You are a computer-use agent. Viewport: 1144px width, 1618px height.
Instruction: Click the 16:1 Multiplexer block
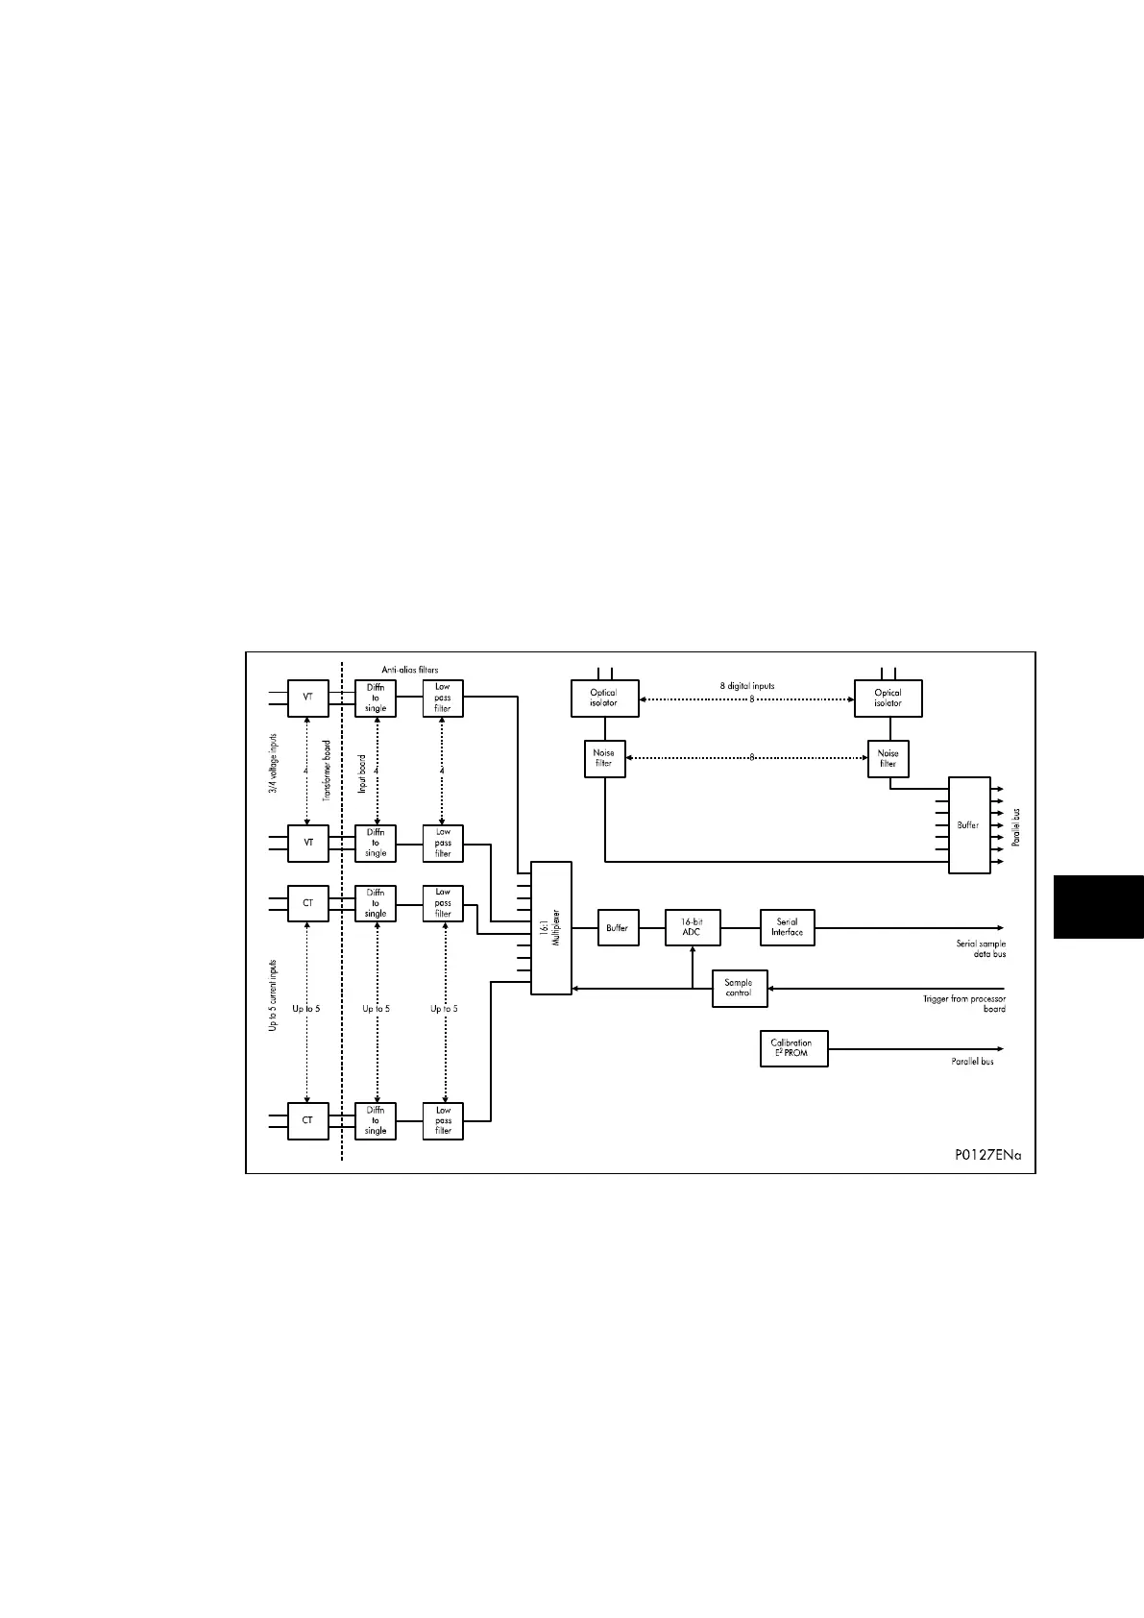551,928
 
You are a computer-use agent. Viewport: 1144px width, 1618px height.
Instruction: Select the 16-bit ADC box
692,927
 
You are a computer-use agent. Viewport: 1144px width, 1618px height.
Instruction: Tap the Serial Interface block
787,927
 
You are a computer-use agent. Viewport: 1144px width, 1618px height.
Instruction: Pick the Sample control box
739,988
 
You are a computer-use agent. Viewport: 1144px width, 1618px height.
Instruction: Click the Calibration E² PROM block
792,1048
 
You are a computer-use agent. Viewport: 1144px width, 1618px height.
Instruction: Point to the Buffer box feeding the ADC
618,928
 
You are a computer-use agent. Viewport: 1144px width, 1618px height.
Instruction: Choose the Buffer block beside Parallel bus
968,825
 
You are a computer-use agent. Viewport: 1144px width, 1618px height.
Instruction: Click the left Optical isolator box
604,698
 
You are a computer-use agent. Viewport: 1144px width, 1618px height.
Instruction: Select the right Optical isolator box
888,698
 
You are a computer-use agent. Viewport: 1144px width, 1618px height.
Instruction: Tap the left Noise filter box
604,759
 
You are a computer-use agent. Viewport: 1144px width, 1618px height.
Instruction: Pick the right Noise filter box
888,759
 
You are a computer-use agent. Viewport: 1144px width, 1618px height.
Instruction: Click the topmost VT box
308,698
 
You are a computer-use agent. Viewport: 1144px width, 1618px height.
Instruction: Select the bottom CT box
308,1120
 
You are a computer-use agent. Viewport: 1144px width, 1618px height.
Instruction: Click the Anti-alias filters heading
410,669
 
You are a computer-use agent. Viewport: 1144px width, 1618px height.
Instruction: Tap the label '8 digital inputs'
747,686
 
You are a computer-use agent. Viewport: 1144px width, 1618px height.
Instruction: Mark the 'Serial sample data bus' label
981,948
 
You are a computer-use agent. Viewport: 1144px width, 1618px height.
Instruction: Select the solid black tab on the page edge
1099,906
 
